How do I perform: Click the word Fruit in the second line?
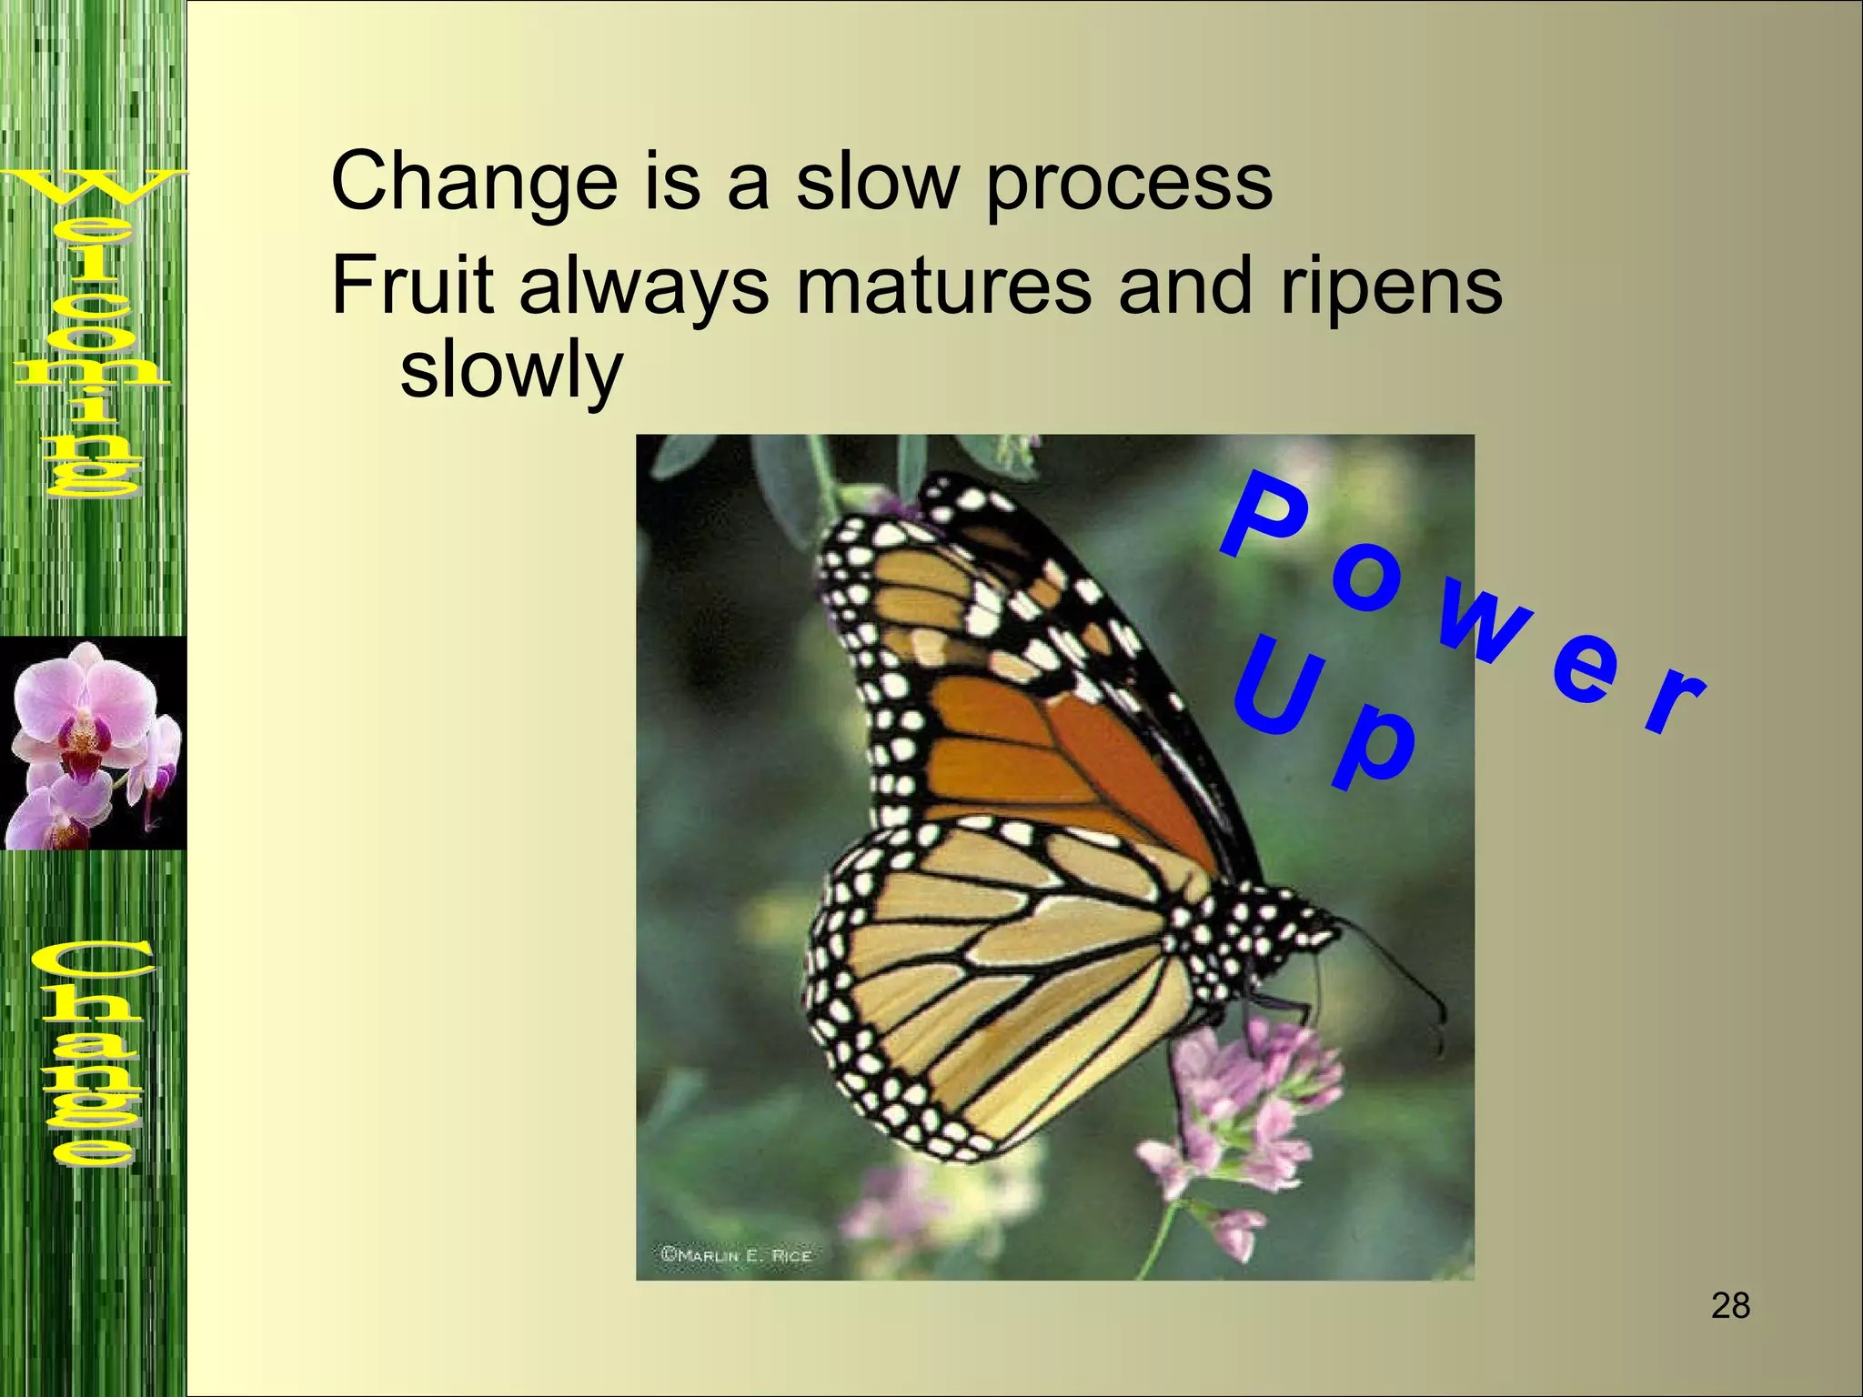click(x=412, y=286)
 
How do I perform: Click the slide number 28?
click(x=1730, y=1306)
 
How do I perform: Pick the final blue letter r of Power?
click(x=1675, y=699)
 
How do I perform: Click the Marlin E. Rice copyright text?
click(x=736, y=1255)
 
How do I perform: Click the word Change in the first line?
click(x=474, y=182)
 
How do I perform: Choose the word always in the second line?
click(x=644, y=286)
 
